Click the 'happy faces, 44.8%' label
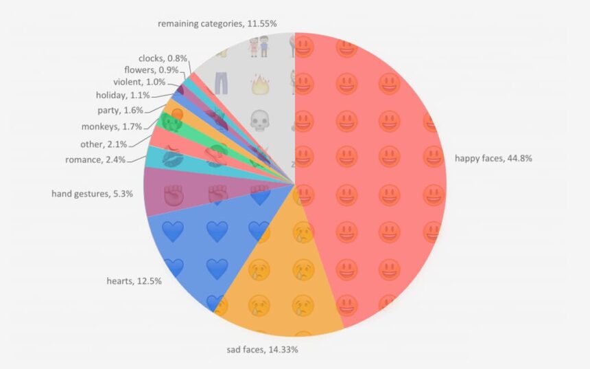493,158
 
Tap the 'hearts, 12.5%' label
134,281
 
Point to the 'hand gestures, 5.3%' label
93,194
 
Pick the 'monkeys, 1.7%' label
111,126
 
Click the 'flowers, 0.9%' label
151,70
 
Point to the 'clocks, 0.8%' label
163,58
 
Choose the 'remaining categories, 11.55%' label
217,23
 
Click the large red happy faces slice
370,172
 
